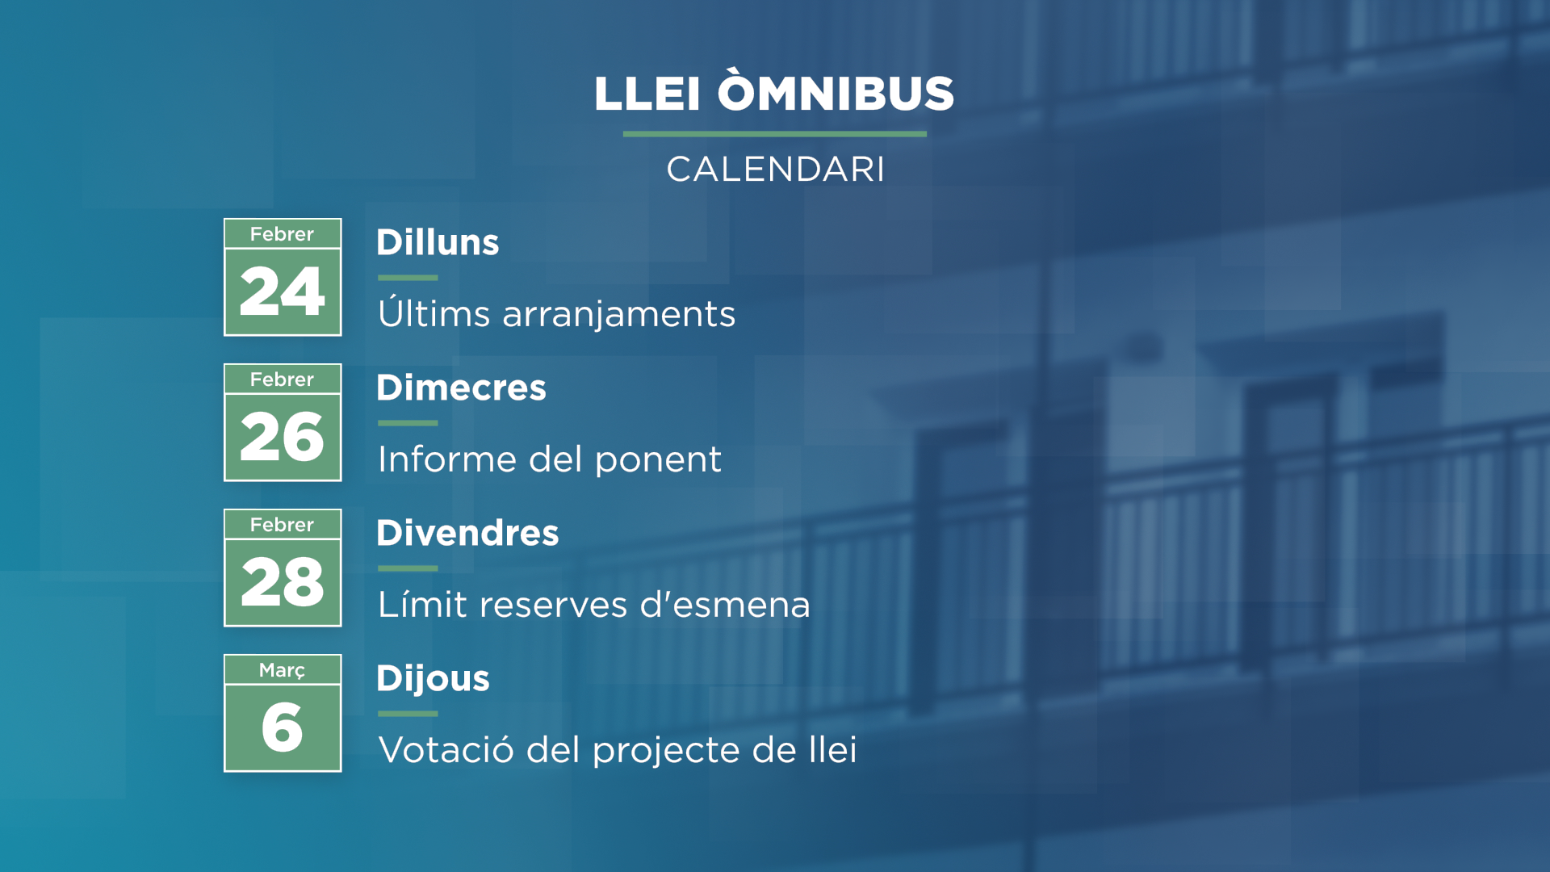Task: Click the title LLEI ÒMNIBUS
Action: pos(774,90)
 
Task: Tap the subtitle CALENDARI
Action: pos(775,170)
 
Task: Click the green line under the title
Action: pos(775,134)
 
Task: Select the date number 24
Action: pos(283,291)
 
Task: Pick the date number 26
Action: pos(283,437)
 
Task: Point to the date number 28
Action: pos(283,582)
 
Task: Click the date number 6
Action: pos(283,727)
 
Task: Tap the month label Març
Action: pos(283,670)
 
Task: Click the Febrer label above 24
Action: pos(282,234)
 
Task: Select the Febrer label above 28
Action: pos(282,525)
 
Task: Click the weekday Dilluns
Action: pos(438,242)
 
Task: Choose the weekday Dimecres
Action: pos(461,388)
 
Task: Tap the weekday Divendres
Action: pos(467,533)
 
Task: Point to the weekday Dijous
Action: pos(433,679)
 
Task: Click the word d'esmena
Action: pos(725,605)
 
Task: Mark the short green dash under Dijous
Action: pos(408,714)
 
